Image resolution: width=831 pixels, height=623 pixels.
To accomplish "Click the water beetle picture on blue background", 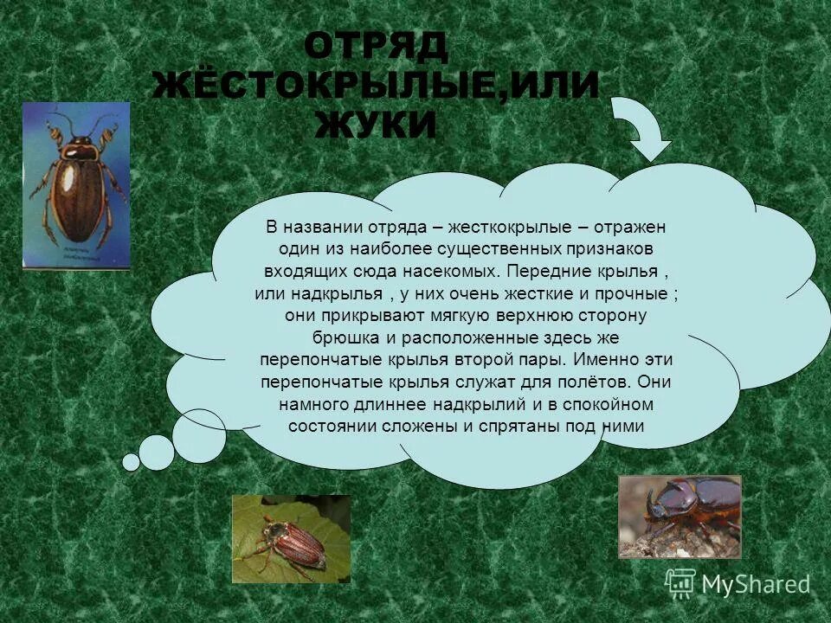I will click(x=76, y=185).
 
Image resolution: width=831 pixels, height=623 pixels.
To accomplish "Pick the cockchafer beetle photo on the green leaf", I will click(x=291, y=538).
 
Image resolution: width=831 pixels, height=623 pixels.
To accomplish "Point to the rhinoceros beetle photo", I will click(x=680, y=516).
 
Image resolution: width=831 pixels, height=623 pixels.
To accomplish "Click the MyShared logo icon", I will click(x=680, y=583).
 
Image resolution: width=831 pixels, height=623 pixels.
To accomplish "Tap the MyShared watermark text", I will click(x=756, y=585).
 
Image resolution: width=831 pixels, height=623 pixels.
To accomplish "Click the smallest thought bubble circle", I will click(x=131, y=462).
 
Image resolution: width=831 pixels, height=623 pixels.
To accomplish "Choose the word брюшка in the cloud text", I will click(x=343, y=337).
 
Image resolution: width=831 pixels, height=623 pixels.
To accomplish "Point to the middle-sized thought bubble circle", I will click(x=157, y=452).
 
